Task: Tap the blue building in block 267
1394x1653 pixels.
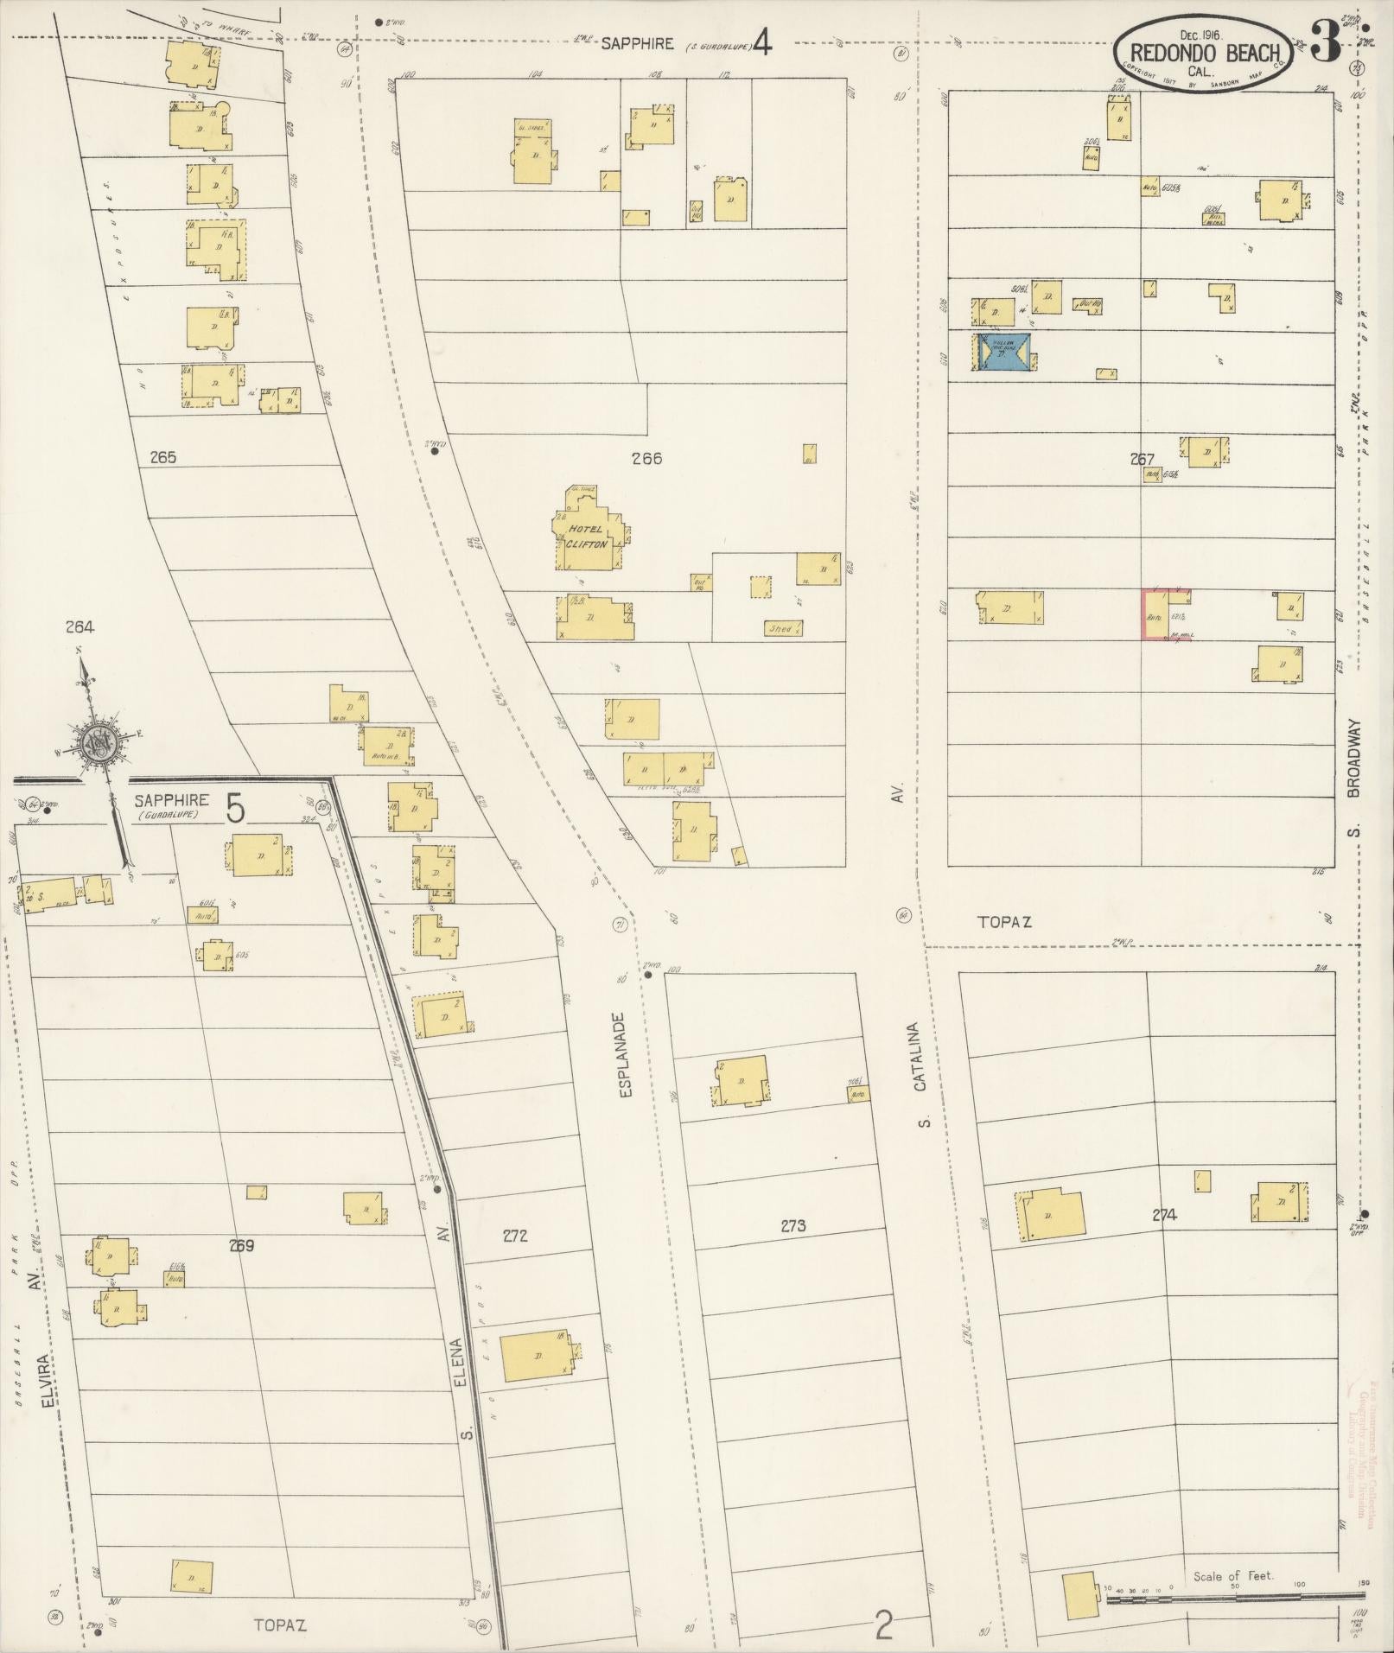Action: click(1003, 353)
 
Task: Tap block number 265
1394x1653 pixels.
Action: click(162, 457)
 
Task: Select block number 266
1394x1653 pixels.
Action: click(646, 458)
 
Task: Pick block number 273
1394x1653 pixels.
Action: click(792, 1224)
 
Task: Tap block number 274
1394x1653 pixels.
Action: click(1164, 1215)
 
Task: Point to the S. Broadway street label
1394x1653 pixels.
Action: click(1353, 779)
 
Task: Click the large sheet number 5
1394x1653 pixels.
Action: click(235, 810)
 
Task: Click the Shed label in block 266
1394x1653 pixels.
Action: click(780, 629)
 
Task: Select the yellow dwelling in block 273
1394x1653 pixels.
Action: click(742, 1080)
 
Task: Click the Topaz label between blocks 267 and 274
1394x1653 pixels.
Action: click(1004, 921)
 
